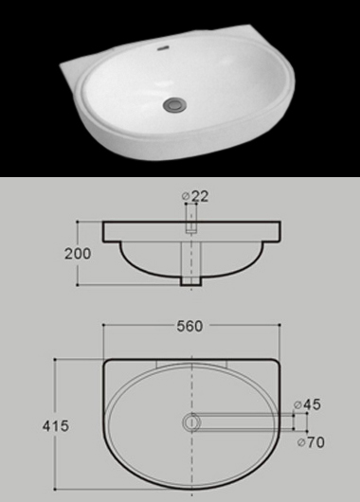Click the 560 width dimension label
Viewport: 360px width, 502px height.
click(189, 326)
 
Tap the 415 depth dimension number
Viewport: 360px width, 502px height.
click(56, 426)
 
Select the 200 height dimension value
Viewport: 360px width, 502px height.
click(78, 254)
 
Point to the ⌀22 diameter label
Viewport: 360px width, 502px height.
click(195, 196)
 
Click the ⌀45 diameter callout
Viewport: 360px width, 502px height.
click(307, 404)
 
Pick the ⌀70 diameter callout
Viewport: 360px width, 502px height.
click(311, 442)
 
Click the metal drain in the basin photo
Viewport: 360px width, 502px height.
click(174, 104)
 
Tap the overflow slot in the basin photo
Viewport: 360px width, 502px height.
click(163, 48)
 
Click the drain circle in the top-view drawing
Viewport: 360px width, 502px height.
click(191, 421)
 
